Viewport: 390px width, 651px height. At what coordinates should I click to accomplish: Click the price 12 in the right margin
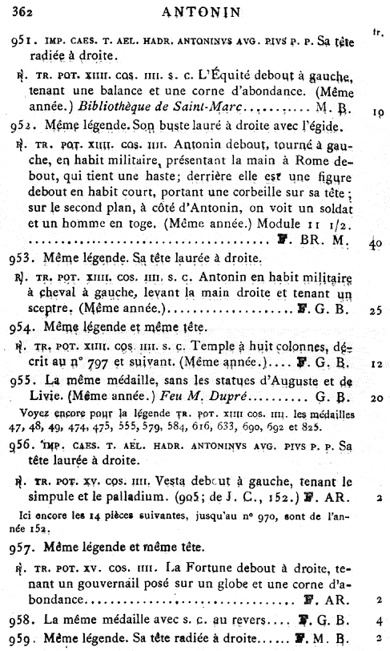pyautogui.click(x=376, y=362)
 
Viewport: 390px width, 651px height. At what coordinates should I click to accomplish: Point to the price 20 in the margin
pyautogui.click(x=375, y=396)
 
